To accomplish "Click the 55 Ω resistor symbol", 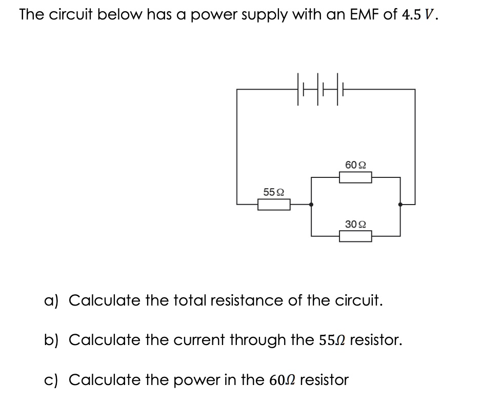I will (x=274, y=205).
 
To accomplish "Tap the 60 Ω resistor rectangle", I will (x=356, y=177).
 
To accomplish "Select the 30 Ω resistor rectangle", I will (x=356, y=236).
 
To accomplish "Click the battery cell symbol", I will (x=318, y=89).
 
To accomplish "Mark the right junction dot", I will (x=400, y=205).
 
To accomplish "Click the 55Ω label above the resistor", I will (x=274, y=192).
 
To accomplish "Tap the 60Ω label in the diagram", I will (x=356, y=165).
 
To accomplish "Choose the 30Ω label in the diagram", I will (x=356, y=224).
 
